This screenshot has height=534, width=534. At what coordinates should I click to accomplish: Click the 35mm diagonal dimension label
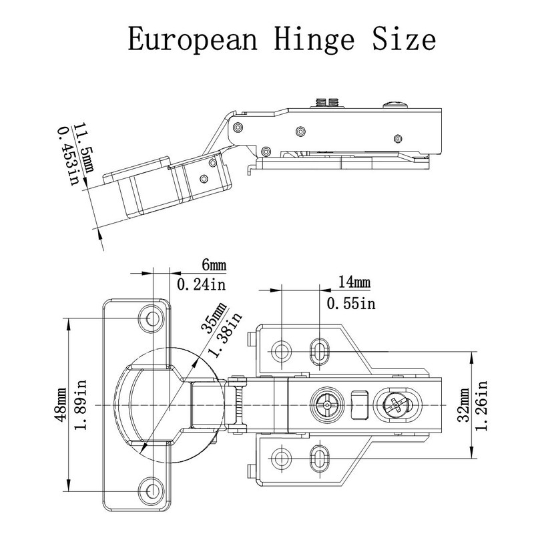[x=214, y=318]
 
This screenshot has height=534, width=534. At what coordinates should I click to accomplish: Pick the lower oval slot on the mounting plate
[x=320, y=459]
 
